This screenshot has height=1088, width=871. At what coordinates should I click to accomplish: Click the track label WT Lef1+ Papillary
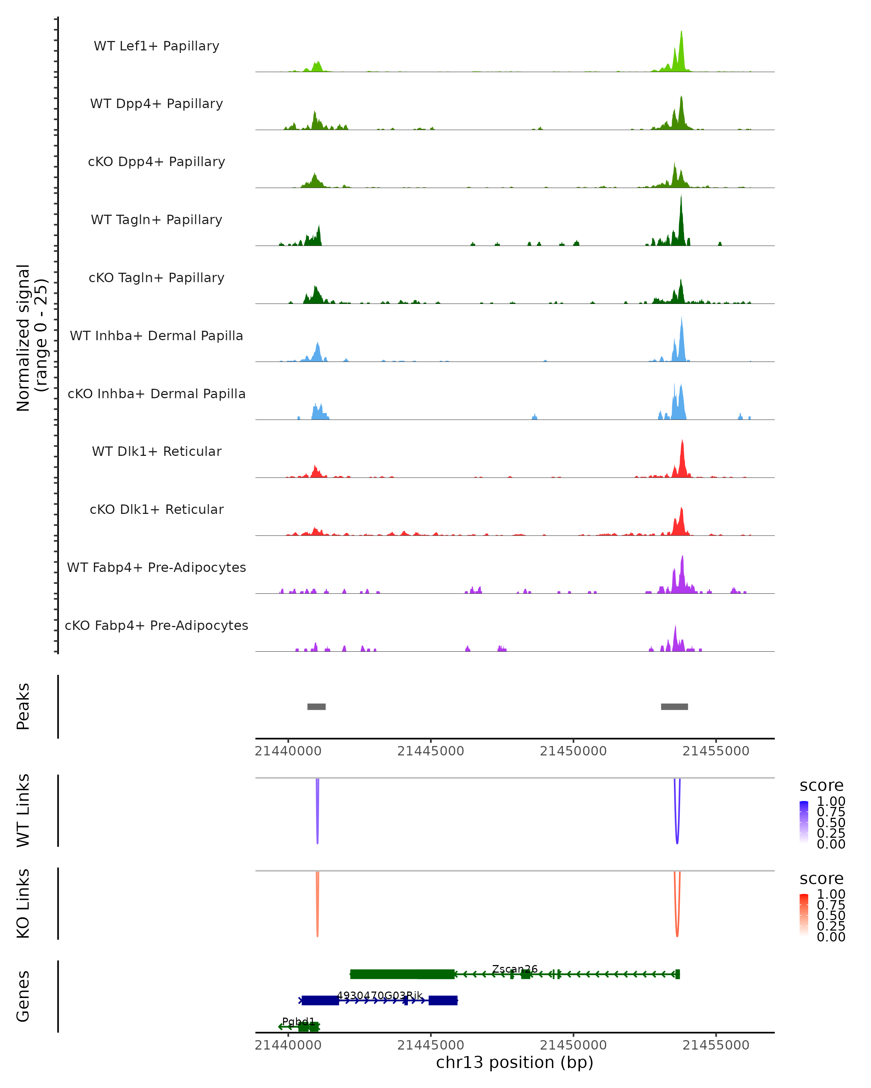pyautogui.click(x=156, y=46)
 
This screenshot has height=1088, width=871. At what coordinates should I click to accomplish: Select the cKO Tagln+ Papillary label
pyautogui.click(x=156, y=277)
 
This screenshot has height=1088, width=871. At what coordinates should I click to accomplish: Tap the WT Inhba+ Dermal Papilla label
pyautogui.click(x=156, y=335)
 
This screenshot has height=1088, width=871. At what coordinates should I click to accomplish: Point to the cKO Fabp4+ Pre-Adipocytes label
pyautogui.click(x=156, y=625)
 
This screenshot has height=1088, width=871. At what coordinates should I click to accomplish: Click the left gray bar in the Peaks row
pyautogui.click(x=316, y=706)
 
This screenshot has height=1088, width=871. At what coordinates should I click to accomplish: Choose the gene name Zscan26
pyautogui.click(x=515, y=969)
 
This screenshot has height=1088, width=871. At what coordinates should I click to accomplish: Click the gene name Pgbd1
pyautogui.click(x=298, y=1021)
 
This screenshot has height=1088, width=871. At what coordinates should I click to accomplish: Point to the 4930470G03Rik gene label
pyautogui.click(x=380, y=996)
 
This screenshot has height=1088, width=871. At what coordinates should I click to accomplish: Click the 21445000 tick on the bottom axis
pyautogui.click(x=431, y=1045)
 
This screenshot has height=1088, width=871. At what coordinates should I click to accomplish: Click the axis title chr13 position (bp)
pyautogui.click(x=515, y=1063)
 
